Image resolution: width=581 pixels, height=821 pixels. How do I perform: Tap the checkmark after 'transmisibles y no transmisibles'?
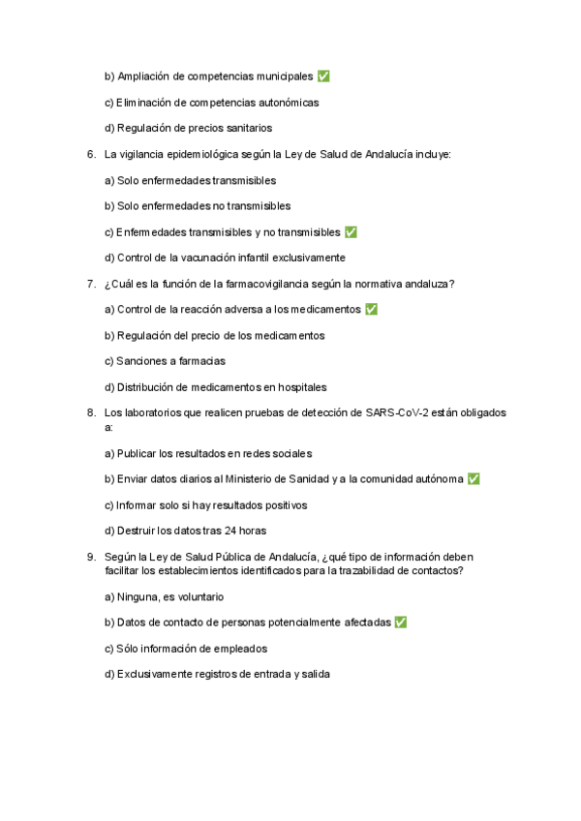pos(351,232)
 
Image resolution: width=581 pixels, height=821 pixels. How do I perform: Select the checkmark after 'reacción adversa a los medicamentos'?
pos(372,309)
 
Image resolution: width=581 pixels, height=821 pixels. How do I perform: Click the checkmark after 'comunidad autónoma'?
pos(474,478)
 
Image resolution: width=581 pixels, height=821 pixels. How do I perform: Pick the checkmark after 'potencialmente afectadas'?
pos(401,623)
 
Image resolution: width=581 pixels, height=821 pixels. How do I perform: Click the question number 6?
pos(90,154)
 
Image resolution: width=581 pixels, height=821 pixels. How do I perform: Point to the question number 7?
pos(90,284)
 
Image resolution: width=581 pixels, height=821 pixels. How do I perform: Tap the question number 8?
pos(90,412)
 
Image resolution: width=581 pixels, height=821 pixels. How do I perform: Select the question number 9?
pos(90,557)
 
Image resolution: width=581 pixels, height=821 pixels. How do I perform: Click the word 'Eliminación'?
pos(143,103)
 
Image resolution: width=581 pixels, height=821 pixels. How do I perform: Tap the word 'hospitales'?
pos(301,387)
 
